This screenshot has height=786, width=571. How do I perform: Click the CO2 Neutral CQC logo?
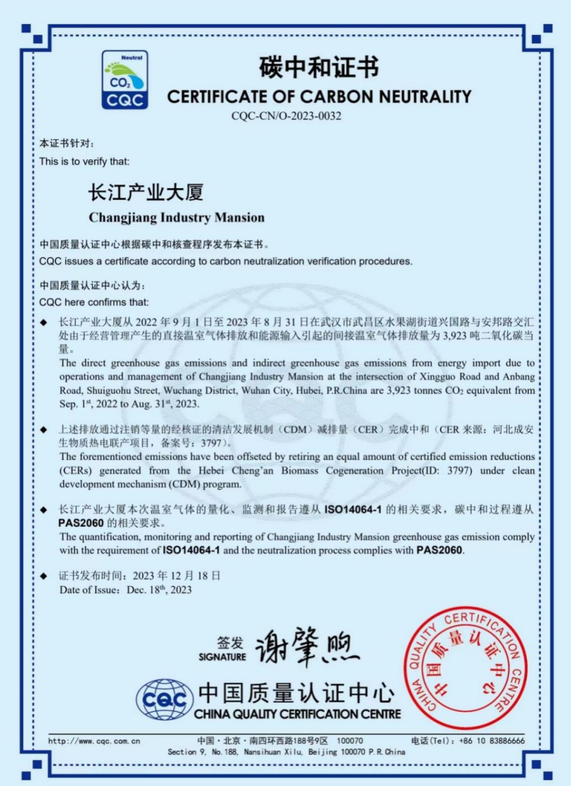124,80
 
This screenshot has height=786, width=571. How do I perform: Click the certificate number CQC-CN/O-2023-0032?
286,116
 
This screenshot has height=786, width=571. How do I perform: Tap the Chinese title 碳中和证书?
319,68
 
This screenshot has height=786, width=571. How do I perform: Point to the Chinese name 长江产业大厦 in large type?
146,193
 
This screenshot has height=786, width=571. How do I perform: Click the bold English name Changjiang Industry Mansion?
176,217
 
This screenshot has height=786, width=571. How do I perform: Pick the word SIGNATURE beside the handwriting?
222,657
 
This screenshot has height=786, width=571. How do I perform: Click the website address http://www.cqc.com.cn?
94,741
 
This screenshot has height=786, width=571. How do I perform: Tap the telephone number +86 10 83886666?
491,741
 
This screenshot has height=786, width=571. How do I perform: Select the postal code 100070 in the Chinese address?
350,741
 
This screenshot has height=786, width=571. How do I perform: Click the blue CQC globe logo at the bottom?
165,700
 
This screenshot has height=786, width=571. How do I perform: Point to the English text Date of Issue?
88,590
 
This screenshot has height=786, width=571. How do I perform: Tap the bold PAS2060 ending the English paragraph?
439,550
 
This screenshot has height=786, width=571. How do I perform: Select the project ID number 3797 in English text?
459,471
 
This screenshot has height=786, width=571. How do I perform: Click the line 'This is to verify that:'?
84,161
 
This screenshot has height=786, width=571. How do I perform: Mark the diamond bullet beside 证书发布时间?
44,576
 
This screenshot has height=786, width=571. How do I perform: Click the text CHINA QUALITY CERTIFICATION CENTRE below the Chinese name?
297,714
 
